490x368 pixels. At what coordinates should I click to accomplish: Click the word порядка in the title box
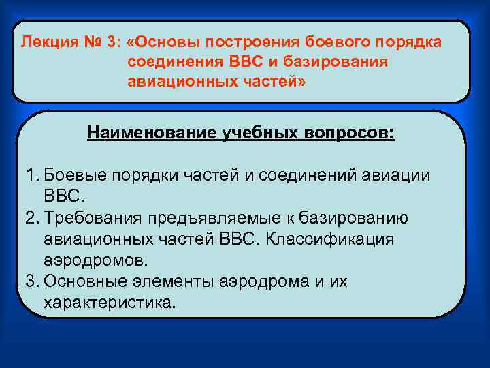pyautogui.click(x=408, y=42)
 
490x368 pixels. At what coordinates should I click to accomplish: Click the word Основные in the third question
pyautogui.click(x=82, y=282)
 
